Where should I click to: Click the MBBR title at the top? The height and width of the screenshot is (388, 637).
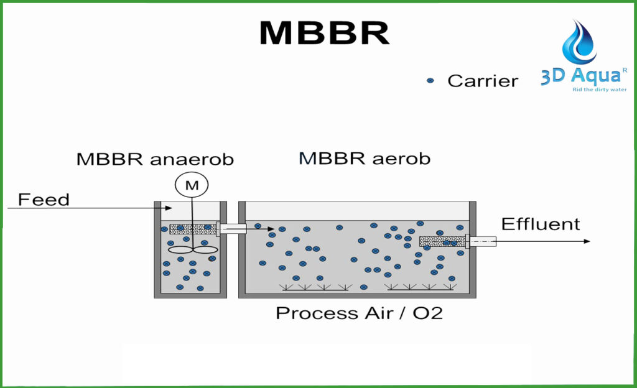coord(323,32)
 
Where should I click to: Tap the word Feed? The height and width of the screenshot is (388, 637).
coord(44,200)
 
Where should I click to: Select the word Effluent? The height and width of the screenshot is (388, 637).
coord(540,224)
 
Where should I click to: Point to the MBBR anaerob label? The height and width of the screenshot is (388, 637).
coord(155,159)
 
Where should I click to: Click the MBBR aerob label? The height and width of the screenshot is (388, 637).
coord(365,159)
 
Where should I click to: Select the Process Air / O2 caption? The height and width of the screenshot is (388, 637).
coord(359,312)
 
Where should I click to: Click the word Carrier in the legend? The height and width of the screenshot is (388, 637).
coord(483,81)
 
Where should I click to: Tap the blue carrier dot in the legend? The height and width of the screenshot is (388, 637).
coord(430,81)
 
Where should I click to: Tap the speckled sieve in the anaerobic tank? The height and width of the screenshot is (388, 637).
coord(192,229)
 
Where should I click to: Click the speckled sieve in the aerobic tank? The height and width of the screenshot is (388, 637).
coord(442,241)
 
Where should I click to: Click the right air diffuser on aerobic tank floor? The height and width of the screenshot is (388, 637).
coord(420,287)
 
